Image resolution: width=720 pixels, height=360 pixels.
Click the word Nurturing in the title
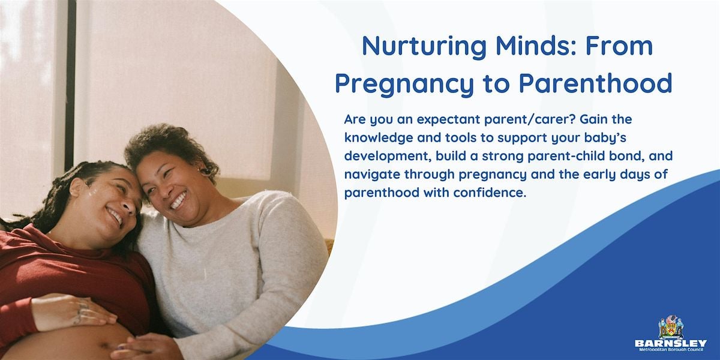pos(424,47)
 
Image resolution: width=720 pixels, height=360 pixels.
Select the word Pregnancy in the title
pos(404,84)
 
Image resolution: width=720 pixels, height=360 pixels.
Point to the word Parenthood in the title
pos(595,83)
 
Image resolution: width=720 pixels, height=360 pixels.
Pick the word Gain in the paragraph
pos(595,119)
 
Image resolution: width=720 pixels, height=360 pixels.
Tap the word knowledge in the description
pos(379,138)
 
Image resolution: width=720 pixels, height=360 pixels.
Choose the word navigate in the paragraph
pos(372,175)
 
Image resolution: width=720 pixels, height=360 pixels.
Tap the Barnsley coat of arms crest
pos(671,327)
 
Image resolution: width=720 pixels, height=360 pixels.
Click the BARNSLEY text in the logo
pos(671,344)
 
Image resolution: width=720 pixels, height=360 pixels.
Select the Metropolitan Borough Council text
pos(671,350)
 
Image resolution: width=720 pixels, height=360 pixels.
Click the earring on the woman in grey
pos(205,172)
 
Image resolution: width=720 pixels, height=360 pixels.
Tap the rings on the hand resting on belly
pos(80,312)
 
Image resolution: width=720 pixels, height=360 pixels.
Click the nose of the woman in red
pos(130,208)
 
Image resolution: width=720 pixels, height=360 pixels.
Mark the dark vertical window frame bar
pos(70,84)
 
